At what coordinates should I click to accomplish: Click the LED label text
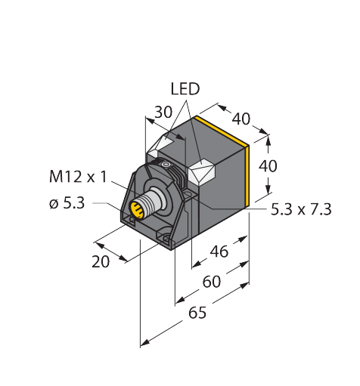185,89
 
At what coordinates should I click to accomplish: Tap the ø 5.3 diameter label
67,203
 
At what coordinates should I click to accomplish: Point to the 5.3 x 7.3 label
301,209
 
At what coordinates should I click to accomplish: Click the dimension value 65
197,313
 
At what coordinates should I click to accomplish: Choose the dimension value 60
212,282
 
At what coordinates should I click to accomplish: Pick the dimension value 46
219,252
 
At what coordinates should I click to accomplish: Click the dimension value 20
101,261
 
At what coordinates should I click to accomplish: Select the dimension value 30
163,112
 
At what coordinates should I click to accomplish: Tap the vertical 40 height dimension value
268,165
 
